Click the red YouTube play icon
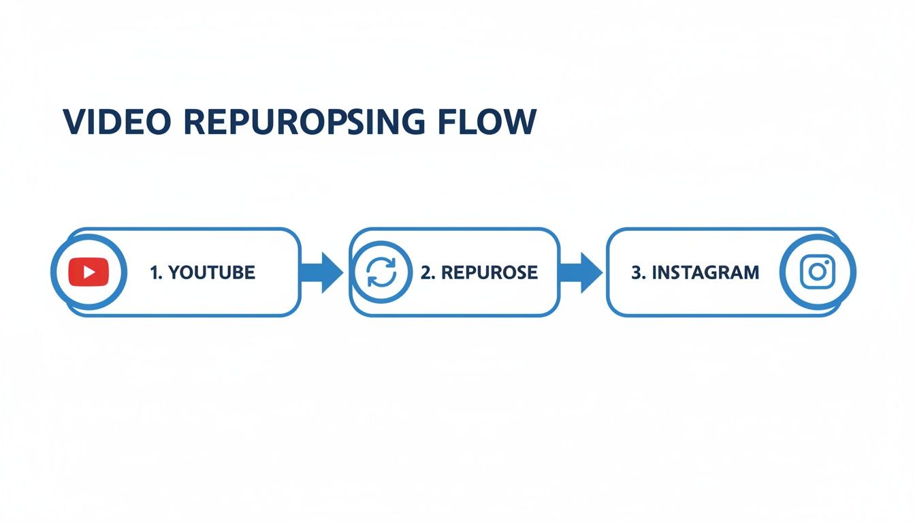click(89, 272)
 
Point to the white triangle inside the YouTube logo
click(89, 272)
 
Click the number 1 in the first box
click(153, 273)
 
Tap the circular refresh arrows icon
click(381, 272)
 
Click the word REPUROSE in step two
click(489, 273)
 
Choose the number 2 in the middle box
click(426, 273)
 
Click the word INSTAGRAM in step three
click(705, 273)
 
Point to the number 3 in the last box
click(637, 273)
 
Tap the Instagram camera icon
click(818, 272)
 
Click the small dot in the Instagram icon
click(827, 263)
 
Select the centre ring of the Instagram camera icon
click(817, 273)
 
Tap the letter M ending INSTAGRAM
click(751, 273)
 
